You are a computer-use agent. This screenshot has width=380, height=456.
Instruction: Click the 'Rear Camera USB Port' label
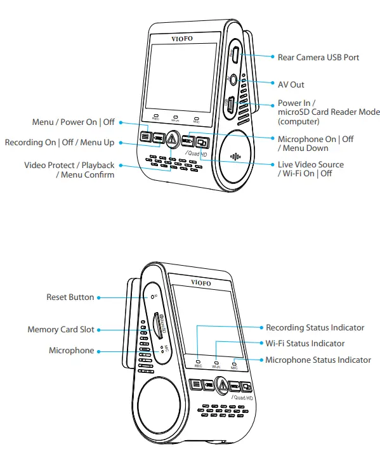[318, 57]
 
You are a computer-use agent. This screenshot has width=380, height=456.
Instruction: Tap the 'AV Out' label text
[291, 84]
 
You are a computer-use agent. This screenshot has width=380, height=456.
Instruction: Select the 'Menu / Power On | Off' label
[74, 122]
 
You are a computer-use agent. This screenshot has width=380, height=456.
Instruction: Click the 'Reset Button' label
[70, 297]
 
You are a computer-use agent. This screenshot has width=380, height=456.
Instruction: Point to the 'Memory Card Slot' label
[60, 330]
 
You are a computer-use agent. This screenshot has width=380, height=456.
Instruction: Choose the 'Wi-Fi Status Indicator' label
[305, 344]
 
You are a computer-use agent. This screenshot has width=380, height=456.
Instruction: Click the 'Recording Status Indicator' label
[315, 328]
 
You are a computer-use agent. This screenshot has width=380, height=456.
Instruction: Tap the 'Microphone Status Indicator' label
[318, 360]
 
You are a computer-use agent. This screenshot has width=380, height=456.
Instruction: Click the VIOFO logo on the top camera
[182, 39]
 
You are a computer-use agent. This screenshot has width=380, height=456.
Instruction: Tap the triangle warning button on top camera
[173, 136]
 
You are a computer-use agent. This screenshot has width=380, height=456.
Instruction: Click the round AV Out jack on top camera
[233, 81]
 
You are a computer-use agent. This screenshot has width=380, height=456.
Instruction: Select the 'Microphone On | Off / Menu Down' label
[316, 143]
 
